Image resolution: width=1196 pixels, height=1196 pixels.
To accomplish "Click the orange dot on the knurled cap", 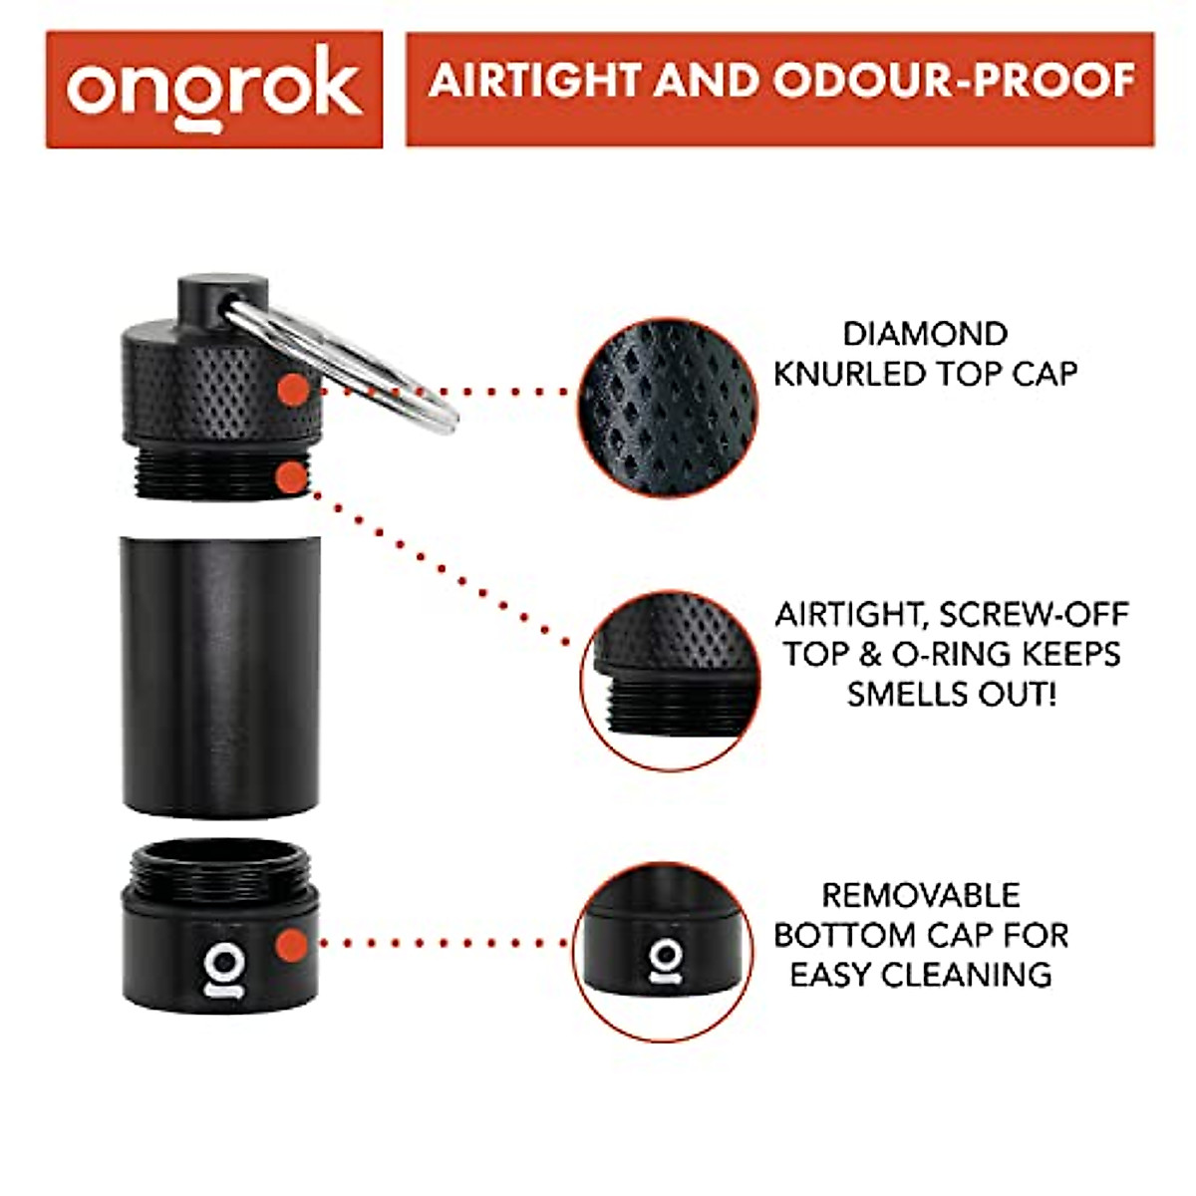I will point(292,390).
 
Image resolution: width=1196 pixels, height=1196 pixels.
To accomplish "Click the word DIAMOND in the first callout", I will point(925,334).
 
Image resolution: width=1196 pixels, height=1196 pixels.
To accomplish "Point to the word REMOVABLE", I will point(920,895).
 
